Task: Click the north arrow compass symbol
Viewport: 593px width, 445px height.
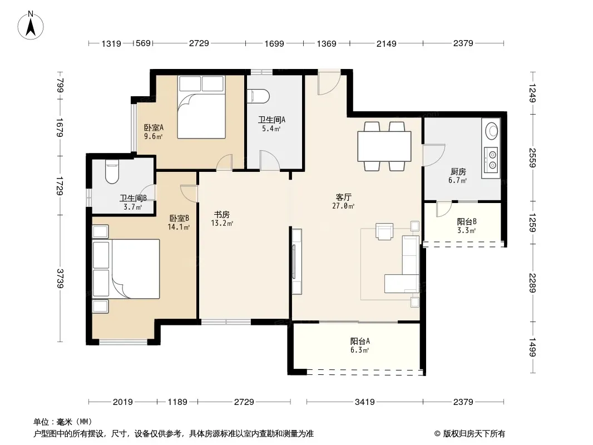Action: [x=31, y=26]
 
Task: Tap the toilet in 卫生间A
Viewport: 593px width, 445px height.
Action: [x=258, y=96]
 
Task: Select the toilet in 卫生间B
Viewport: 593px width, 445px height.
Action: [x=112, y=171]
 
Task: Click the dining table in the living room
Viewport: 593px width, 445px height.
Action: [x=384, y=146]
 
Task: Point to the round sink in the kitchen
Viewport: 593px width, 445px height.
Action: [x=492, y=131]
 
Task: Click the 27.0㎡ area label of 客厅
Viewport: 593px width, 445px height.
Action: [x=343, y=206]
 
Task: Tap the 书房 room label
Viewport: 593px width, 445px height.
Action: [x=222, y=215]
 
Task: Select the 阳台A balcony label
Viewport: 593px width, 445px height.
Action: [x=360, y=341]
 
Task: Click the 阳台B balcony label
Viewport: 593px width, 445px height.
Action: [x=467, y=221]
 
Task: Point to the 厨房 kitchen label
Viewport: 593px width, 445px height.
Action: [x=458, y=172]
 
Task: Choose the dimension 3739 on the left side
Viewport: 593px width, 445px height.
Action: [x=60, y=278]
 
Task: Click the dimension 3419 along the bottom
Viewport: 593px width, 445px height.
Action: [x=364, y=402]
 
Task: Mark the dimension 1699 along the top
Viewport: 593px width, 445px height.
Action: [x=274, y=43]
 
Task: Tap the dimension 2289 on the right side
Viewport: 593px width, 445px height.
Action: [x=532, y=283]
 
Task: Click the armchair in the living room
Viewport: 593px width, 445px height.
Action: [x=384, y=231]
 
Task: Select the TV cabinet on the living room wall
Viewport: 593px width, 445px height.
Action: [x=296, y=261]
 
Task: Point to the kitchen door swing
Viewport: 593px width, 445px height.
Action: [x=433, y=155]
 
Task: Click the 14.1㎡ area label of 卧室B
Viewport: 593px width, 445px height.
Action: [x=179, y=227]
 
